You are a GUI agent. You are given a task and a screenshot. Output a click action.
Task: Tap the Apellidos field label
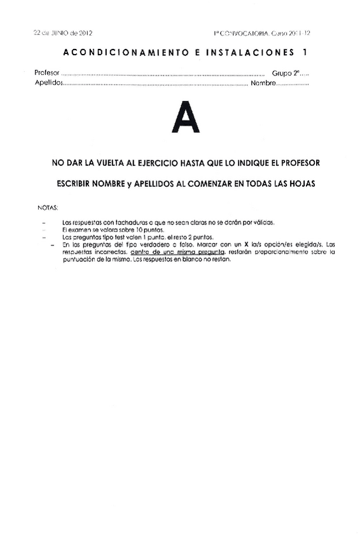pyautogui.click(x=48, y=83)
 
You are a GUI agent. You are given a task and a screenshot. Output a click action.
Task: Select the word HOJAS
pyautogui.click(x=302, y=184)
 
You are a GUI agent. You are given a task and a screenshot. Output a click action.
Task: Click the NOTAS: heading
pyautogui.click(x=48, y=208)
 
